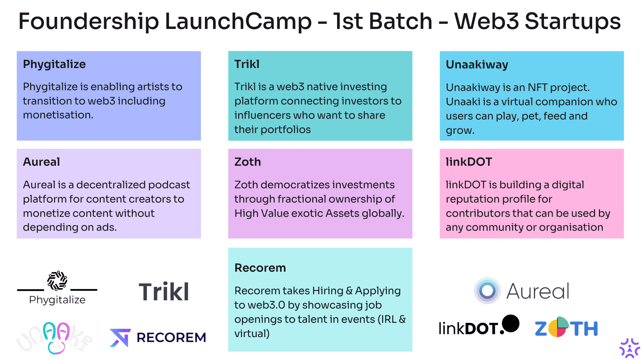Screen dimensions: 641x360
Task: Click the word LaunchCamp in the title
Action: click(238, 21)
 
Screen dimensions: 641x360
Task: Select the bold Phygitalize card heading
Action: click(54, 65)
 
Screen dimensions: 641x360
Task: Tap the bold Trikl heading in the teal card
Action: click(247, 64)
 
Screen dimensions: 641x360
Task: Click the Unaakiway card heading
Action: click(477, 65)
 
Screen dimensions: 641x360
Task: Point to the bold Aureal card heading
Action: click(41, 162)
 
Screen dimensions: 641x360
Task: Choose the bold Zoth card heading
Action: click(248, 162)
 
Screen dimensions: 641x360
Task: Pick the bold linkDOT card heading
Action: click(469, 162)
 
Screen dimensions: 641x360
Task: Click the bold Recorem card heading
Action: click(260, 268)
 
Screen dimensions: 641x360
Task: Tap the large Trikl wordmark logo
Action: click(164, 292)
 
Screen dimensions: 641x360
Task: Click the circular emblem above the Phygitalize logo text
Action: click(57, 280)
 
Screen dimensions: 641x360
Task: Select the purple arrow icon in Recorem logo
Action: click(120, 338)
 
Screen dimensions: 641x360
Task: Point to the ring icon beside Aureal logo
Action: click(487, 291)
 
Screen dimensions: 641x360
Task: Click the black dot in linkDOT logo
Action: click(511, 324)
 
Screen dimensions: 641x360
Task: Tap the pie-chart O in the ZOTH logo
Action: click(558, 327)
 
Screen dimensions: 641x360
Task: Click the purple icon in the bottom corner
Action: click(630, 348)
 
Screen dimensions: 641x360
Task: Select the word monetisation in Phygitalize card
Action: click(58, 115)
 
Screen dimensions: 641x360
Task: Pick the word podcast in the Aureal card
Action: click(169, 185)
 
